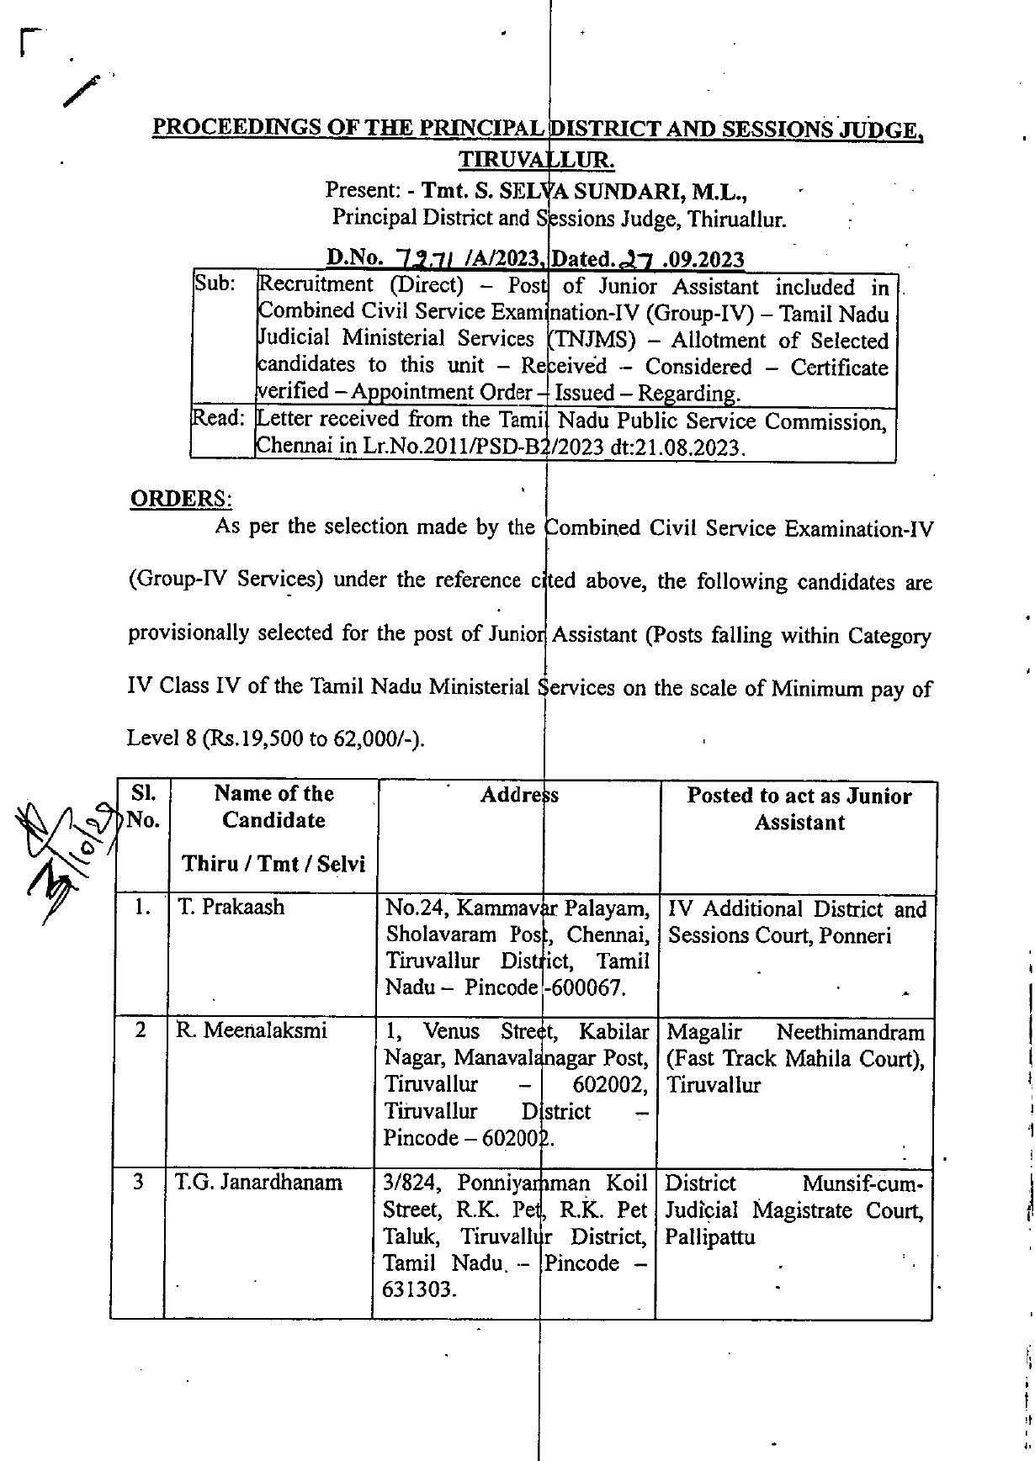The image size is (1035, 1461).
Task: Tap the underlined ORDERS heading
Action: tap(180, 498)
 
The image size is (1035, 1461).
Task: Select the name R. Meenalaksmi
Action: tap(252, 1030)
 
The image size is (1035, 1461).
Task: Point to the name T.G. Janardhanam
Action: tap(258, 1183)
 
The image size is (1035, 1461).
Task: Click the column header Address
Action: tap(519, 795)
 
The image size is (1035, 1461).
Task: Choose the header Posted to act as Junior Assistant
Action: tap(799, 808)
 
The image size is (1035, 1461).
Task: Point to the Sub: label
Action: tap(215, 283)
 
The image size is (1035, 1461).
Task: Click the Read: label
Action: tap(218, 418)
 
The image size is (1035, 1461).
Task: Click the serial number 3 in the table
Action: tap(138, 1183)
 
